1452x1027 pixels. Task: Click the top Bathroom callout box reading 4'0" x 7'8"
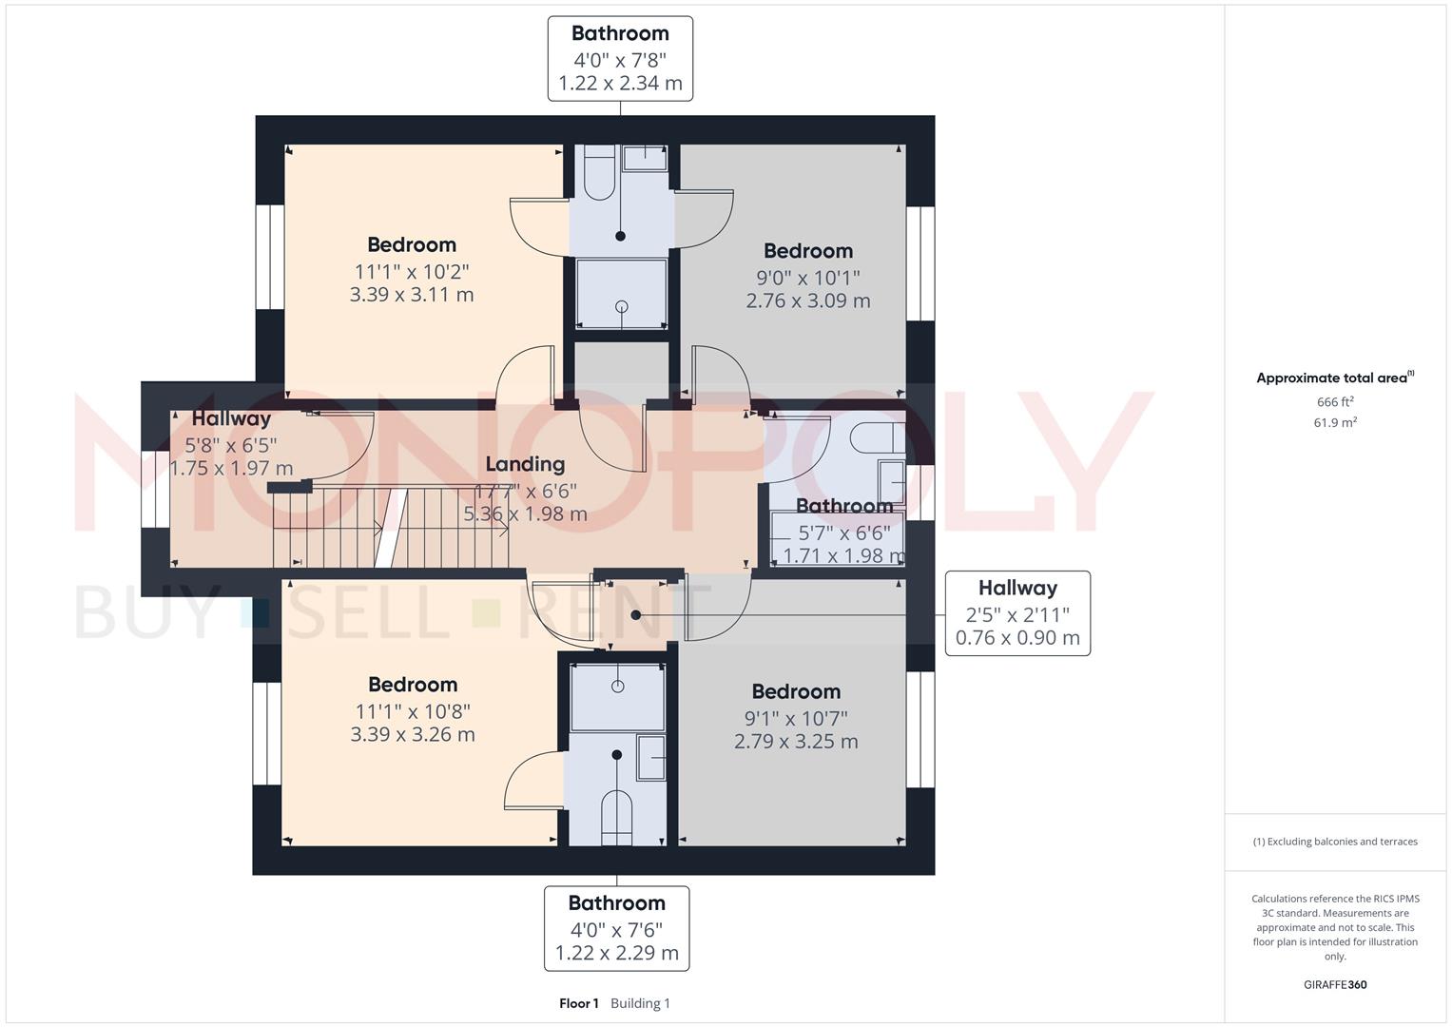pyautogui.click(x=620, y=58)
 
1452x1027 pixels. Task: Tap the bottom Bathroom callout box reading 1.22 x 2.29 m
pyautogui.click(x=616, y=928)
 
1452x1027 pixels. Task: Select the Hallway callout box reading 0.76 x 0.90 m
pyautogui.click(x=1017, y=613)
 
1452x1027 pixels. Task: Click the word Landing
pyautogui.click(x=525, y=464)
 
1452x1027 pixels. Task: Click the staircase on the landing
pyautogui.click(x=390, y=528)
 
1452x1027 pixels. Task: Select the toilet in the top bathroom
pyautogui.click(x=599, y=172)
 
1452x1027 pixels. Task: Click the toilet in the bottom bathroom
pyautogui.click(x=616, y=816)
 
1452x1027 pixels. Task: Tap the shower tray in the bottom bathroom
pyautogui.click(x=617, y=697)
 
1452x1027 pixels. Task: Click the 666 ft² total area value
pyautogui.click(x=1335, y=402)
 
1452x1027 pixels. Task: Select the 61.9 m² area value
pyautogui.click(x=1335, y=423)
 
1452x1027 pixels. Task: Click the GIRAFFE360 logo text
pyautogui.click(x=1335, y=985)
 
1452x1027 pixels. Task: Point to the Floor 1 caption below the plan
pyautogui.click(x=579, y=1003)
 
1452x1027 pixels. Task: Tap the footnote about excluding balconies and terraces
pyautogui.click(x=1335, y=842)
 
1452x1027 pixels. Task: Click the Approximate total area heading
pyautogui.click(x=1333, y=378)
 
